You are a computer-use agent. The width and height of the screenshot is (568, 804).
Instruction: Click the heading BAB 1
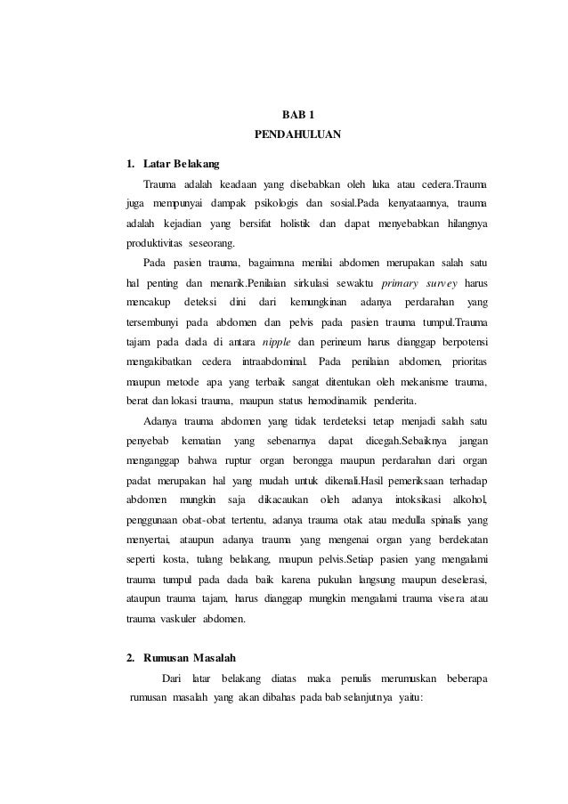297,115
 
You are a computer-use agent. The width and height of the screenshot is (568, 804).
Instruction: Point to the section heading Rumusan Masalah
190,658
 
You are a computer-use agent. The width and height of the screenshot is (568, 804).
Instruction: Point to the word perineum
342,343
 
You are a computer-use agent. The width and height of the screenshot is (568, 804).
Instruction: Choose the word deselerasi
458,579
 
